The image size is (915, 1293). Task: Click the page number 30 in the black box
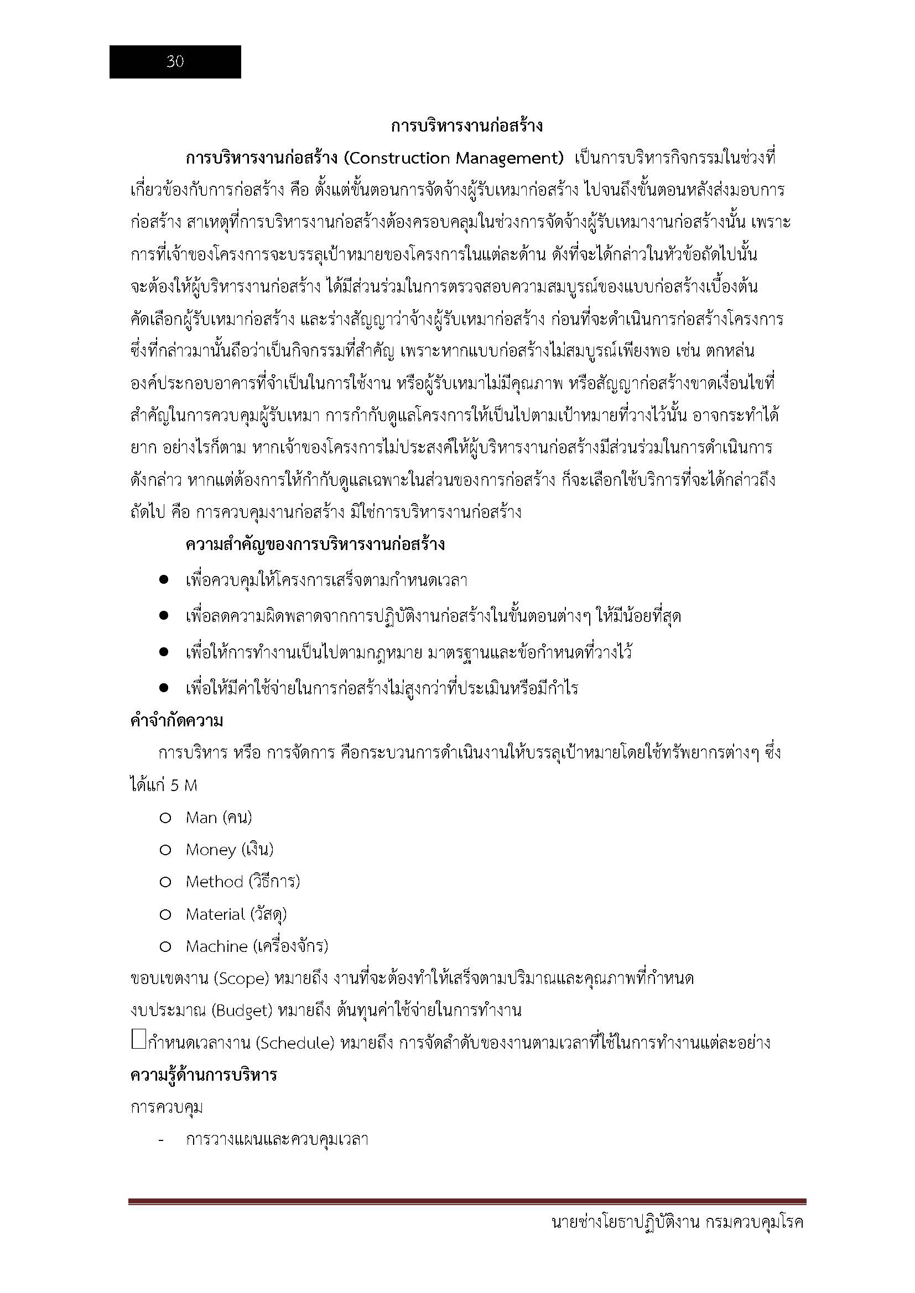175,62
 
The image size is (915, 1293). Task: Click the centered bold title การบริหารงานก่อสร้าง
466,125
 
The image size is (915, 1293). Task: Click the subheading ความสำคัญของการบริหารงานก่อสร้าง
315,545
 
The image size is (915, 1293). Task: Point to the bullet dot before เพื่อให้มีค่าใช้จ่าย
164,687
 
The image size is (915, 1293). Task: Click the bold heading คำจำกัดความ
176,721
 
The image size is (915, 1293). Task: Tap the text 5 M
184,786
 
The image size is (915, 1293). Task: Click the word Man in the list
201,818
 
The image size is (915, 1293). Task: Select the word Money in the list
210,850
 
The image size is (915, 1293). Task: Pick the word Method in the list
214,882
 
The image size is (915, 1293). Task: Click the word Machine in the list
216,946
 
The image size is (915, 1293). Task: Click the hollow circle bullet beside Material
165,914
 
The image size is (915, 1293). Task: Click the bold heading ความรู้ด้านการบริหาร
204,1075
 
